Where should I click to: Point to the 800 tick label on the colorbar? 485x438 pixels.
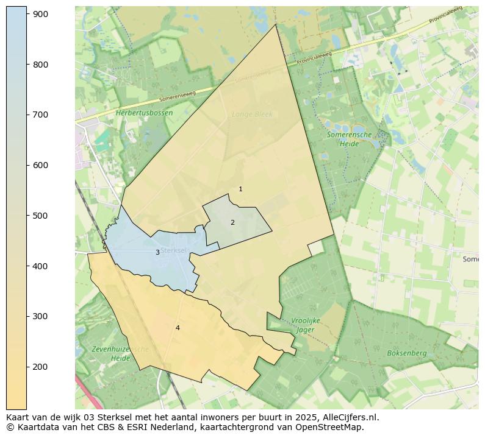point(41,65)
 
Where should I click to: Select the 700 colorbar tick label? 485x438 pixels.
point(41,115)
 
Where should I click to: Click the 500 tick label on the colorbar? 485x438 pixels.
point(41,216)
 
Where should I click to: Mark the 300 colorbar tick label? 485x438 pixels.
point(41,316)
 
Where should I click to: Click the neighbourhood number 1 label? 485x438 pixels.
point(240,189)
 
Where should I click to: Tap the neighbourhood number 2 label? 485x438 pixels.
point(232,222)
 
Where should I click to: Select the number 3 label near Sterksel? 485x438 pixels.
point(157,252)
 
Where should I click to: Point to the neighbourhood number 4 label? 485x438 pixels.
point(178,328)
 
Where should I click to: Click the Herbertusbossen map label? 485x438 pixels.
point(144,113)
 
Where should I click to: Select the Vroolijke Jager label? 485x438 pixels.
point(306,325)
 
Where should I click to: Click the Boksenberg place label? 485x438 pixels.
point(406,353)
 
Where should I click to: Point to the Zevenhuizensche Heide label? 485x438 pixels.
point(120,353)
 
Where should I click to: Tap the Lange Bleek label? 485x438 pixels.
point(252,114)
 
